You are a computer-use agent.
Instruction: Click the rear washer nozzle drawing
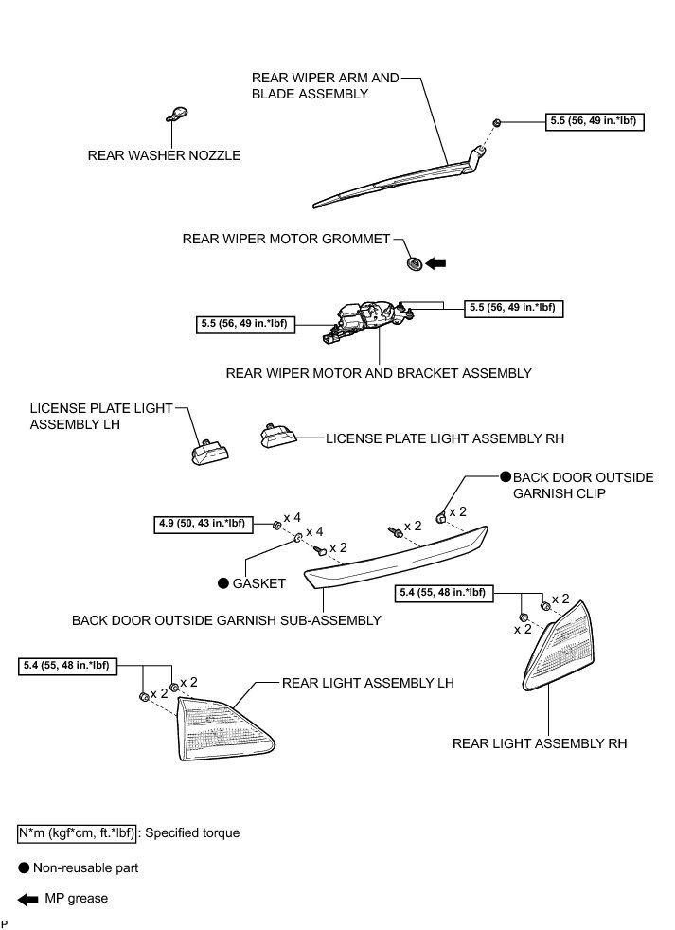point(175,115)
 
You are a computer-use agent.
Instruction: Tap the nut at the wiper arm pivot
point(496,122)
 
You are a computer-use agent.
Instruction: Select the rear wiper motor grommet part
point(413,263)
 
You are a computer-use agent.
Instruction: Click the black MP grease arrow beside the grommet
point(436,263)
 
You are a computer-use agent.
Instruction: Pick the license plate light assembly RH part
point(276,437)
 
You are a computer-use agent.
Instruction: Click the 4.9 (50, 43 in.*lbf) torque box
point(200,523)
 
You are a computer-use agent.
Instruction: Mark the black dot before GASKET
point(223,584)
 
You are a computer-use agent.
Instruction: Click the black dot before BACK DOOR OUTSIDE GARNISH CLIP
point(506,477)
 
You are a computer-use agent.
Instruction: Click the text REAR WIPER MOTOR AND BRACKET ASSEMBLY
point(379,373)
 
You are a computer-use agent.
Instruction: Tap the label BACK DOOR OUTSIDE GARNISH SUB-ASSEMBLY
point(226,620)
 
